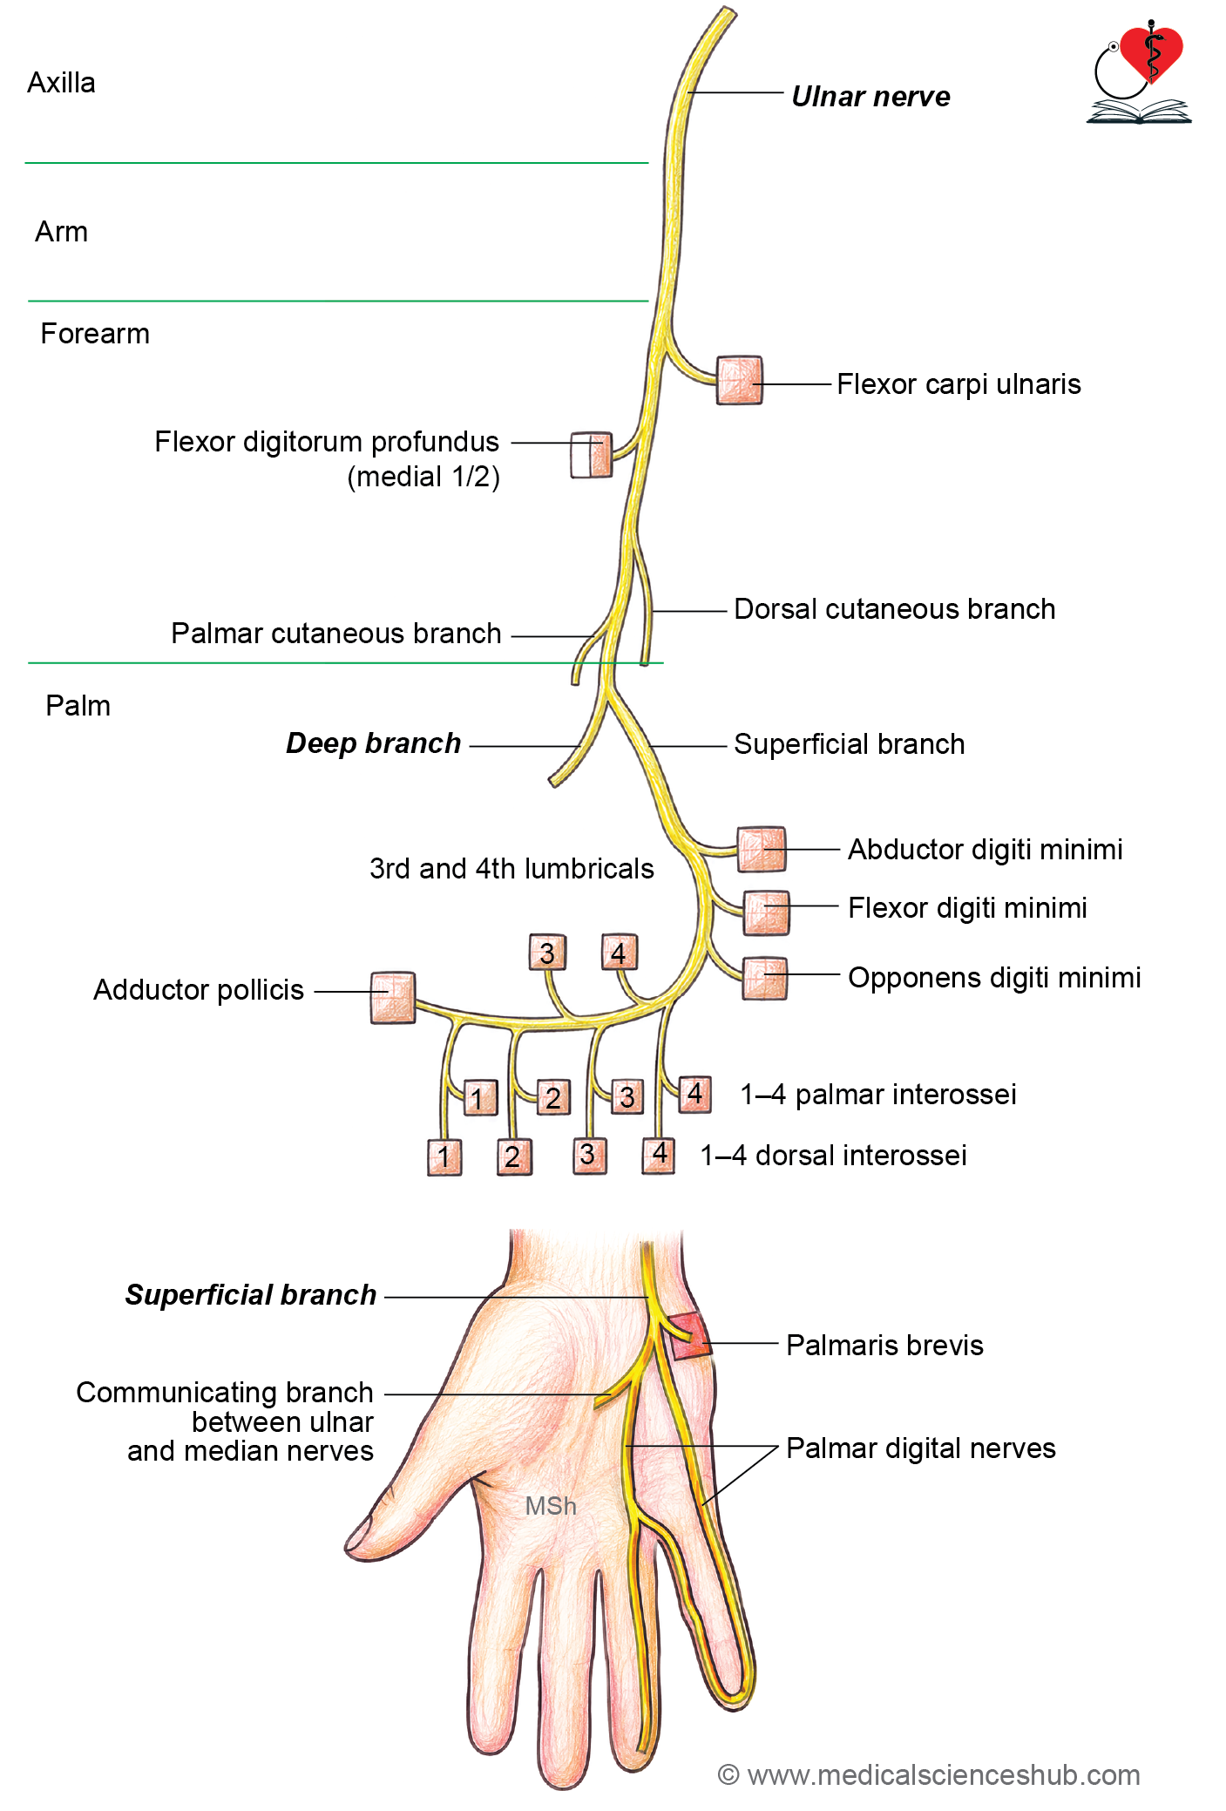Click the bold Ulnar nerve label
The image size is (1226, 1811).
click(x=870, y=96)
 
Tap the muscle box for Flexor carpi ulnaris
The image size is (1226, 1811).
click(x=739, y=380)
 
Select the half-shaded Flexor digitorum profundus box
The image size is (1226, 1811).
click(x=591, y=454)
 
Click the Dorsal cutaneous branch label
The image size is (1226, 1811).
click(x=894, y=608)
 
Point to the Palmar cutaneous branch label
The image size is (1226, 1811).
click(x=335, y=633)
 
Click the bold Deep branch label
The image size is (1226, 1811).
click(x=373, y=743)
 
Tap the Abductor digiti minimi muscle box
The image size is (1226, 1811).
click(x=761, y=849)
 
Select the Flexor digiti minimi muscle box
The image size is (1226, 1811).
click(x=766, y=912)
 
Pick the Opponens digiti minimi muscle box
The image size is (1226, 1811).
click(x=765, y=978)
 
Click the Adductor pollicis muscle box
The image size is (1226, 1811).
click(x=392, y=997)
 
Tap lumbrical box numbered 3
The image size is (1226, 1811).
click(x=547, y=953)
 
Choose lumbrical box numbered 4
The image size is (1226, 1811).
click(x=619, y=952)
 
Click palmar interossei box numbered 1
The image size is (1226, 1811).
click(x=478, y=1097)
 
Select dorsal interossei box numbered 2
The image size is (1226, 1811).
click(x=514, y=1156)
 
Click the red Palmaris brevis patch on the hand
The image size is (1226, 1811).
click(x=688, y=1336)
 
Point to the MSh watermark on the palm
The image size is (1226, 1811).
click(x=550, y=1505)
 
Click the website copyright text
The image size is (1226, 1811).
click(x=929, y=1774)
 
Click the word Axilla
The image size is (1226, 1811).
click(x=61, y=83)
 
